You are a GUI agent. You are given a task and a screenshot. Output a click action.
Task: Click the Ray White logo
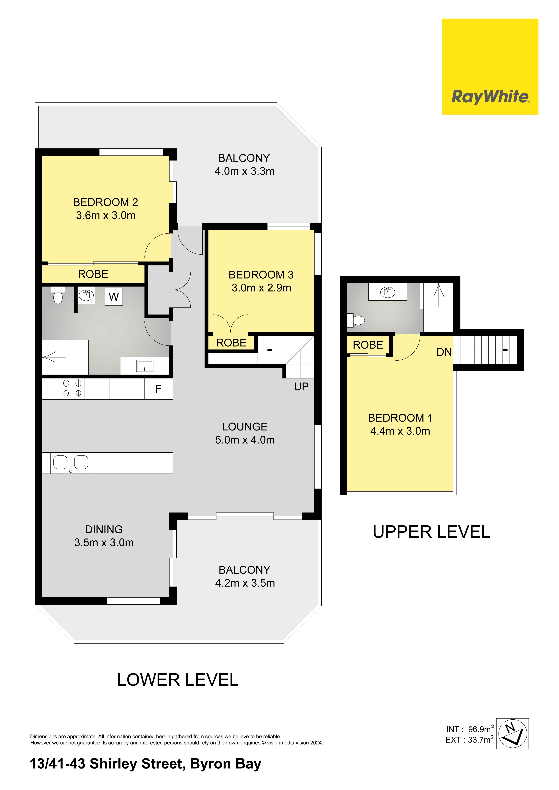click(490, 66)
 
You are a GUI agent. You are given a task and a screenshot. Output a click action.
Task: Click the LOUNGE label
click(245, 427)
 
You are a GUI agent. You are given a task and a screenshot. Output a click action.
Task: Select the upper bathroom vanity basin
click(388, 292)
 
